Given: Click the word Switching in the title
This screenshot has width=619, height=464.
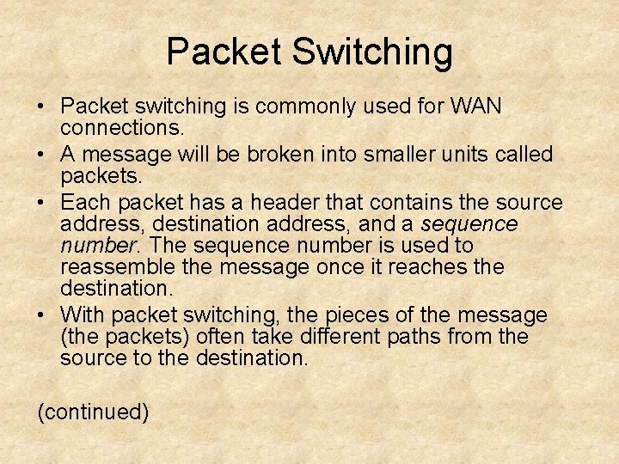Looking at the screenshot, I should click(x=372, y=52).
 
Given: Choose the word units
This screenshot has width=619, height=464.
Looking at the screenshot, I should click(x=463, y=156).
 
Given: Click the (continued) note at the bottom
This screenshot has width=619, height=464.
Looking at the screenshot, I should click(x=93, y=412).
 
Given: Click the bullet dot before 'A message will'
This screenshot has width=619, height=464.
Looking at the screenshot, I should click(x=41, y=156).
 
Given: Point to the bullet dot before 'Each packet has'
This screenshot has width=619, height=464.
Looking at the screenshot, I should click(x=41, y=204).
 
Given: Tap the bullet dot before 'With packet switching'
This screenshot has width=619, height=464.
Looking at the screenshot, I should click(x=41, y=315).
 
